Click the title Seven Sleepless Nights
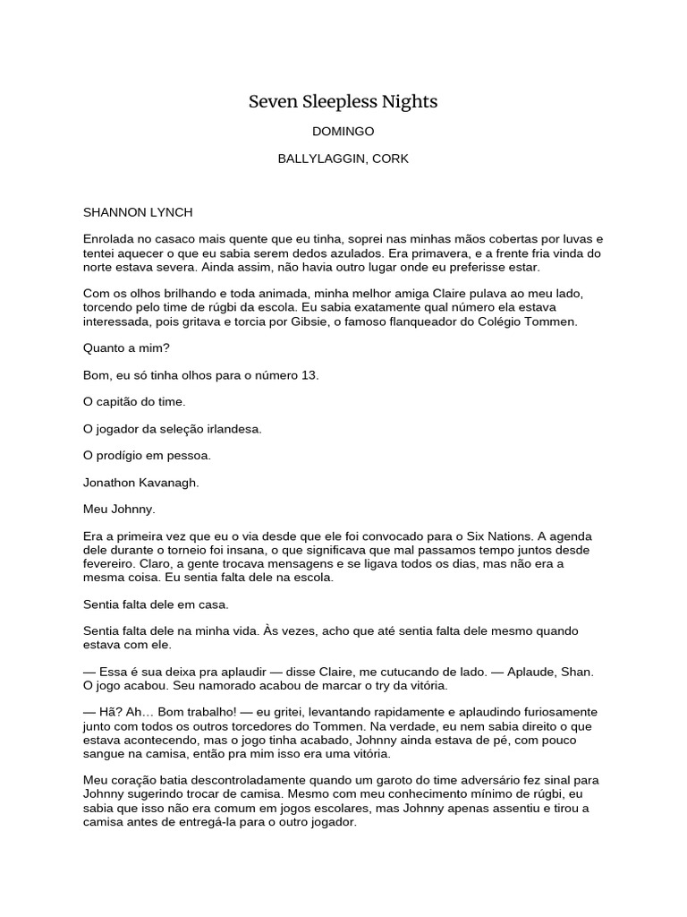(x=343, y=102)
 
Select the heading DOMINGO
(x=343, y=132)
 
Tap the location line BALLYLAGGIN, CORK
(x=343, y=159)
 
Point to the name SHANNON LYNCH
(x=138, y=212)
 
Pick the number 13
(x=310, y=375)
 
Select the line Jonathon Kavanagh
(x=140, y=482)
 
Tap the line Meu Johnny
(x=119, y=509)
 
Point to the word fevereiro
(x=109, y=564)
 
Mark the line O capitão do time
(x=134, y=402)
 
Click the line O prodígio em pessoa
(x=147, y=455)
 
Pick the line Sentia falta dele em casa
(x=156, y=604)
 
